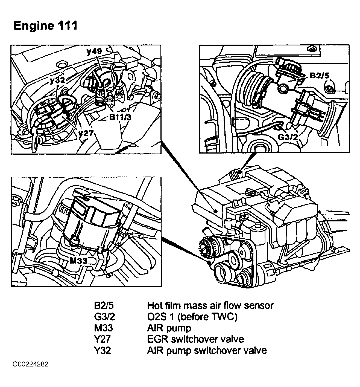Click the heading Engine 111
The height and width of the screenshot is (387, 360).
[46, 25]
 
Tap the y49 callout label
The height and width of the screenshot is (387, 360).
[94, 51]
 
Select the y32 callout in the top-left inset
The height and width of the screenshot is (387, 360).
[57, 80]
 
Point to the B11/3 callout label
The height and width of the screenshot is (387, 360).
[120, 117]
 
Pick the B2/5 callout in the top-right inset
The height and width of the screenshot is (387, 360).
[319, 76]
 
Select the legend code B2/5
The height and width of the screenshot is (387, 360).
[104, 305]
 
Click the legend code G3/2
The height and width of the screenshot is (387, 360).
[104, 317]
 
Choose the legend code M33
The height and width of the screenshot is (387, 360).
[103, 328]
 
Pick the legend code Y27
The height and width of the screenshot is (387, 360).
[102, 339]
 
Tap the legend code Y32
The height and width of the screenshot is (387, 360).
[103, 351]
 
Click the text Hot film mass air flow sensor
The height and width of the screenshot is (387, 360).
[210, 305]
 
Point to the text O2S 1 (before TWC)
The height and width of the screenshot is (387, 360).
[192, 317]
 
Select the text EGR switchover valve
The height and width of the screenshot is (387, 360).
[195, 339]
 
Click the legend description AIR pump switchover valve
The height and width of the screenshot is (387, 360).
[207, 351]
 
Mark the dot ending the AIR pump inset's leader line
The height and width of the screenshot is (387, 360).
[209, 262]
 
